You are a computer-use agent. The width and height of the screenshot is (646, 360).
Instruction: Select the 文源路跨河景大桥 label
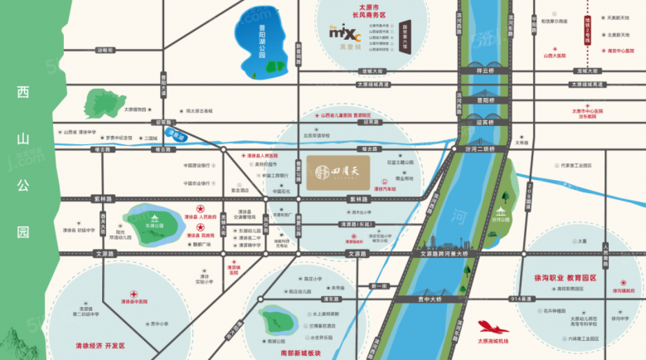coord(444,252)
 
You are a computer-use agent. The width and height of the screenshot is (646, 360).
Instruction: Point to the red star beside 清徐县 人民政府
coord(199,211)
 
